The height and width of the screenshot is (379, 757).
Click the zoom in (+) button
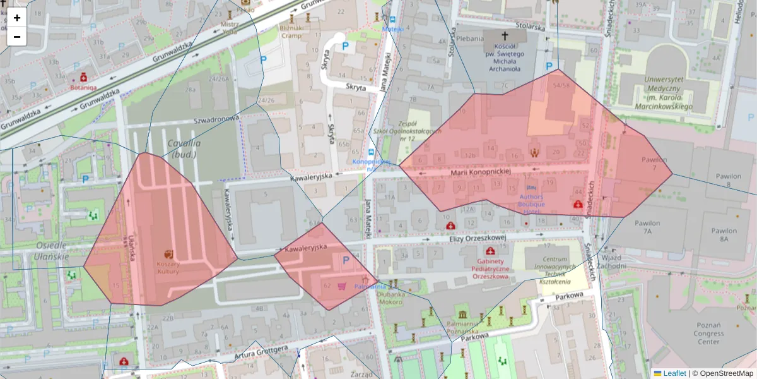coord(17,18)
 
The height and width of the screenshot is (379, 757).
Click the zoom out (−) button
coord(17,37)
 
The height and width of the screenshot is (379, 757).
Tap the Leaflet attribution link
coord(674,373)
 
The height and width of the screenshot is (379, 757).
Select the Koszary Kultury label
coord(168,267)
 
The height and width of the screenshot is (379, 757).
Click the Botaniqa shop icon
coord(83,77)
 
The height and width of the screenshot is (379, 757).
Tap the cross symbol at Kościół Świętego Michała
coord(503,36)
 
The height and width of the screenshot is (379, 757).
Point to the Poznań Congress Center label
coord(708,334)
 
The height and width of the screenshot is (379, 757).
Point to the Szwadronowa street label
coord(216,119)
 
